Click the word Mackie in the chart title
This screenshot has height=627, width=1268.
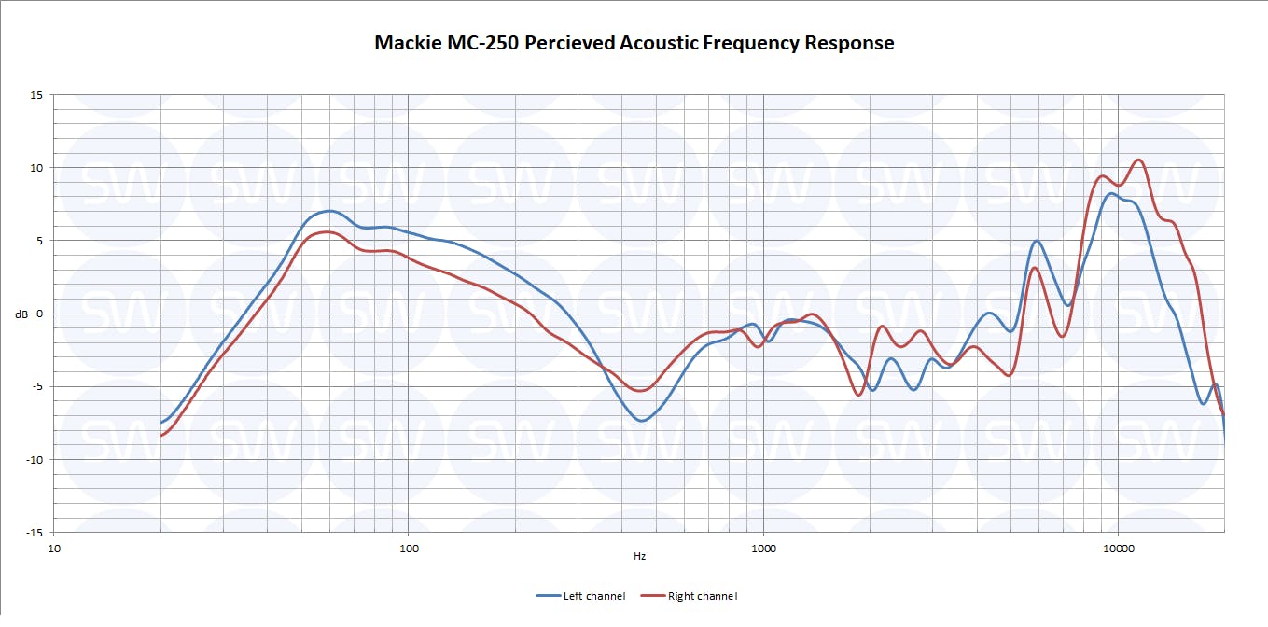click(408, 43)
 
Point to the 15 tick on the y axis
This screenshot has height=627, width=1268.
click(38, 95)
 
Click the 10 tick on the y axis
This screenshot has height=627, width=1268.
click(38, 168)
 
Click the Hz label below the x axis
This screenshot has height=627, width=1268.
click(639, 557)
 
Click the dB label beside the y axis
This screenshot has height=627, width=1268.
click(21, 314)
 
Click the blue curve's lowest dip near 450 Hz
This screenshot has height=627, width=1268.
click(642, 421)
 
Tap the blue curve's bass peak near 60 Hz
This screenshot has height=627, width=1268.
click(328, 211)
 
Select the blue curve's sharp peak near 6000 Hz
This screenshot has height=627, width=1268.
click(1037, 241)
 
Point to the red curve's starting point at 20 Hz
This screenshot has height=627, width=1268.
click(161, 436)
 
